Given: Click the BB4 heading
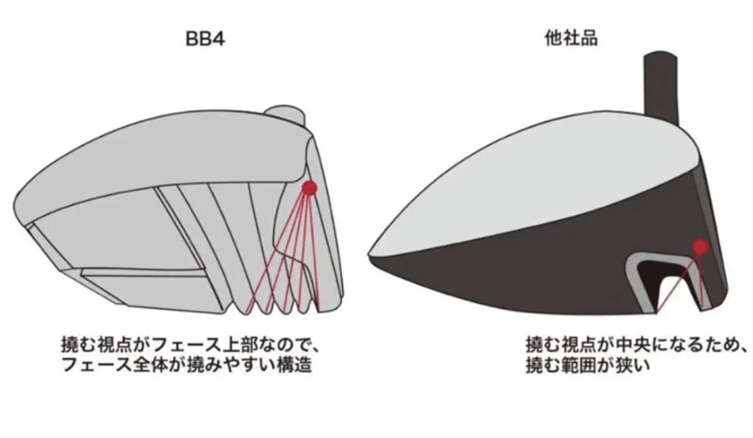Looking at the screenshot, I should coord(205,39).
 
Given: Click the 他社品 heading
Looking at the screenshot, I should coord(571,38).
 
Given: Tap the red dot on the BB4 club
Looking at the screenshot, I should coord(309,188).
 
